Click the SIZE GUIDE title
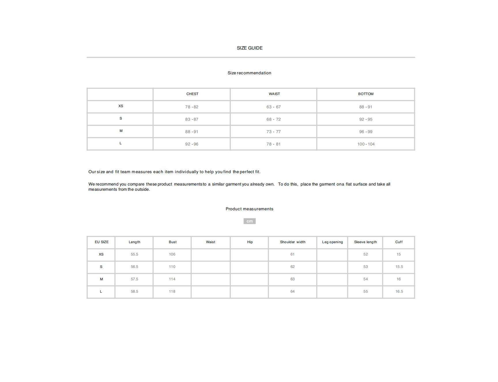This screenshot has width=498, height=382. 250,48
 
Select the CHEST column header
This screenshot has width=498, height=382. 192,94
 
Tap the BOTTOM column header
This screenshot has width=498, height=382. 366,94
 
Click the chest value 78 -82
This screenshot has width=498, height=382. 192,107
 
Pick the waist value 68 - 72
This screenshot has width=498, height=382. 273,119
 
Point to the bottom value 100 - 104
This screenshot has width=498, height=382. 366,144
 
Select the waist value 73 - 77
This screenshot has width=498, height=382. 273,132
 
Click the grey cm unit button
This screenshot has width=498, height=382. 250,221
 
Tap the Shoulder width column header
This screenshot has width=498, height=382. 293,242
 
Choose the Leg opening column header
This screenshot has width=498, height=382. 332,242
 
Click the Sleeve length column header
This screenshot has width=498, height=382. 365,242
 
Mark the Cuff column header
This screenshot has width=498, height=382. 399,242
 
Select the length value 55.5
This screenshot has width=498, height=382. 134,254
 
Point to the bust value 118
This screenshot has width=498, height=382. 172,292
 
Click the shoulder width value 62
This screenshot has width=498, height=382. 293,267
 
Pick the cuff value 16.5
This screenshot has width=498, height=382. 399,292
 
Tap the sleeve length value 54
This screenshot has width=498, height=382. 365,279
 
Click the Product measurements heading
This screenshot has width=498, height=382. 249,209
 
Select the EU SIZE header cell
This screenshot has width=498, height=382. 102,242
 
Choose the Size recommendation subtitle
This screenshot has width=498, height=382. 249,73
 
